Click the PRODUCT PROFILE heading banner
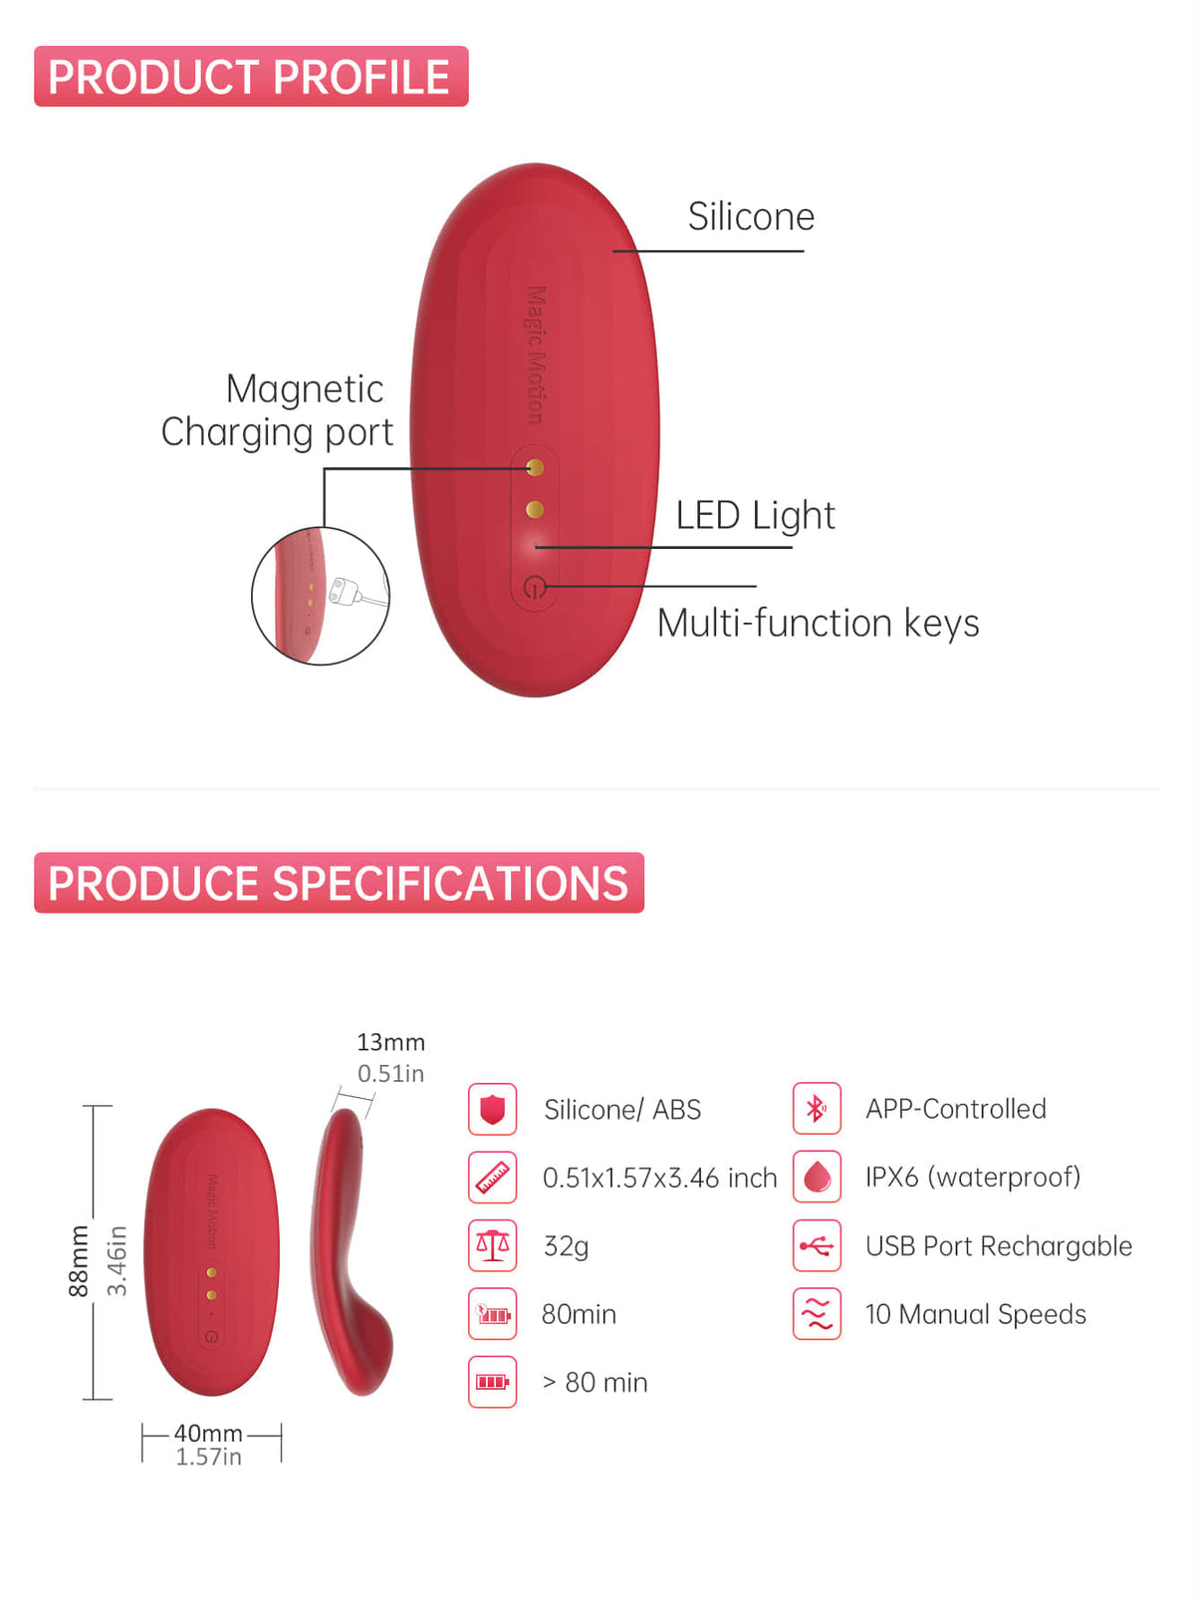coord(251,76)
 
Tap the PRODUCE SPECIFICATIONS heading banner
coord(339,882)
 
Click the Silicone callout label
coord(751,216)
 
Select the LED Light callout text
coord(755,515)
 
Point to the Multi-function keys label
coord(818,624)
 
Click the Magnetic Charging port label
coord(278,409)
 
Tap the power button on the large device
coord(535,586)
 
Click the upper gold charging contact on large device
coord(536,467)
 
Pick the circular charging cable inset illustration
coord(321,596)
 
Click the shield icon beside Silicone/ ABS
coord(492,1109)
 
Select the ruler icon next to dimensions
coord(492,1178)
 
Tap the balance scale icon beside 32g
coord(492,1245)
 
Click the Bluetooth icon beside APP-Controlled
coord(817,1109)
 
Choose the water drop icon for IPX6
coord(817,1177)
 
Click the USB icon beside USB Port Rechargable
coord(817,1245)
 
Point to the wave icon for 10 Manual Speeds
coord(817,1314)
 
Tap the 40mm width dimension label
coord(208,1433)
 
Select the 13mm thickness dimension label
coord(390,1042)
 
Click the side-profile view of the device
coord(352,1251)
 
